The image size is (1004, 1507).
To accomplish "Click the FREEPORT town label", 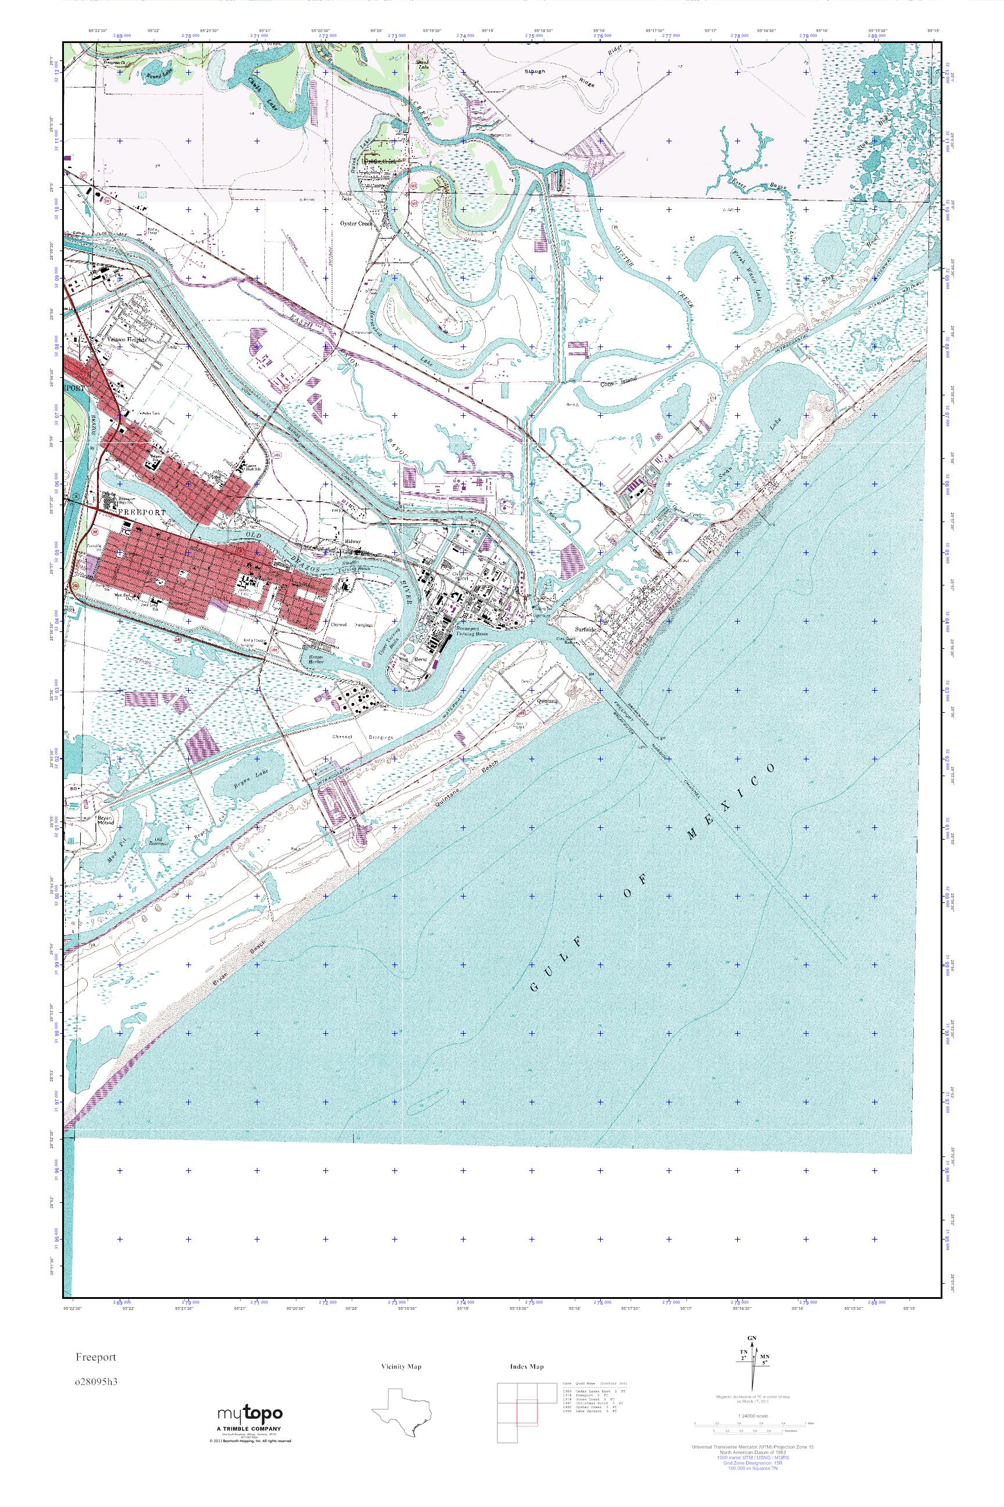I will pos(142,513).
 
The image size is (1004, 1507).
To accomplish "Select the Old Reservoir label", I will pos(158,841).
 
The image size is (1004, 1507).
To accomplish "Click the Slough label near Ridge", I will pos(535,72).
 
